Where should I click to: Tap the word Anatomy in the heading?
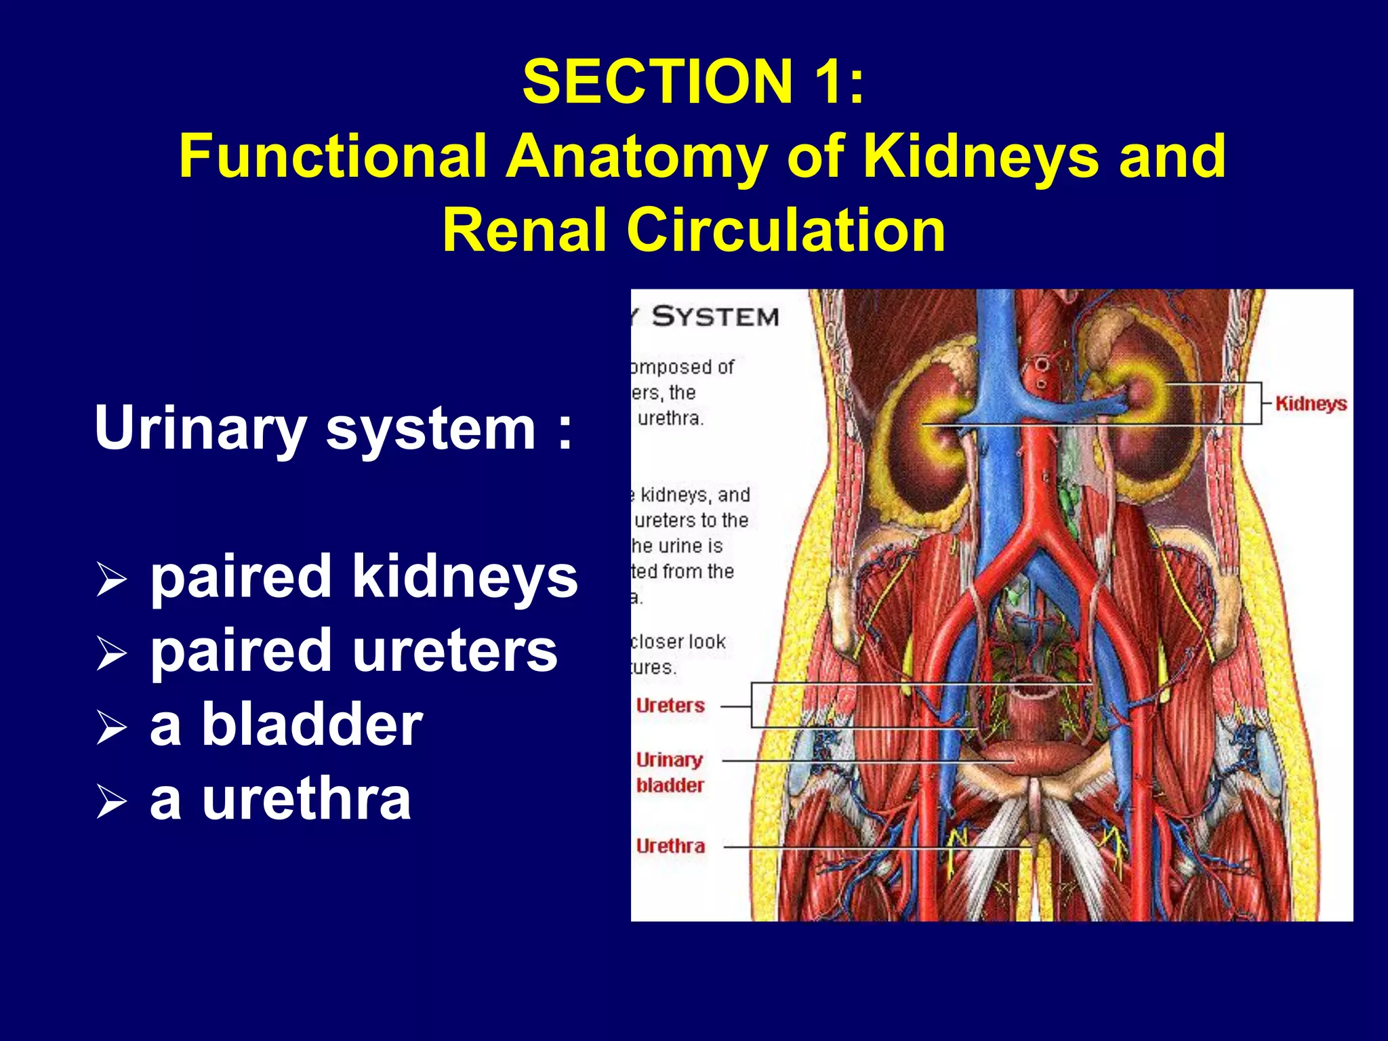[636, 157]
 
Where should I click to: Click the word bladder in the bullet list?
[312, 725]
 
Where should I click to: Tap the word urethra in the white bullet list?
[306, 800]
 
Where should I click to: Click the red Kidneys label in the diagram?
[1311, 405]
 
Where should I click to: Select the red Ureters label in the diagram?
[670, 706]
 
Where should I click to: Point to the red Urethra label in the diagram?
[670, 846]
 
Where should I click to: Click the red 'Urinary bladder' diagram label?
[670, 773]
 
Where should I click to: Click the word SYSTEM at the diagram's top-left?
[715, 317]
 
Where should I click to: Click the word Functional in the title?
[333, 157]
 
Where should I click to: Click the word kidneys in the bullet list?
[465, 577]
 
